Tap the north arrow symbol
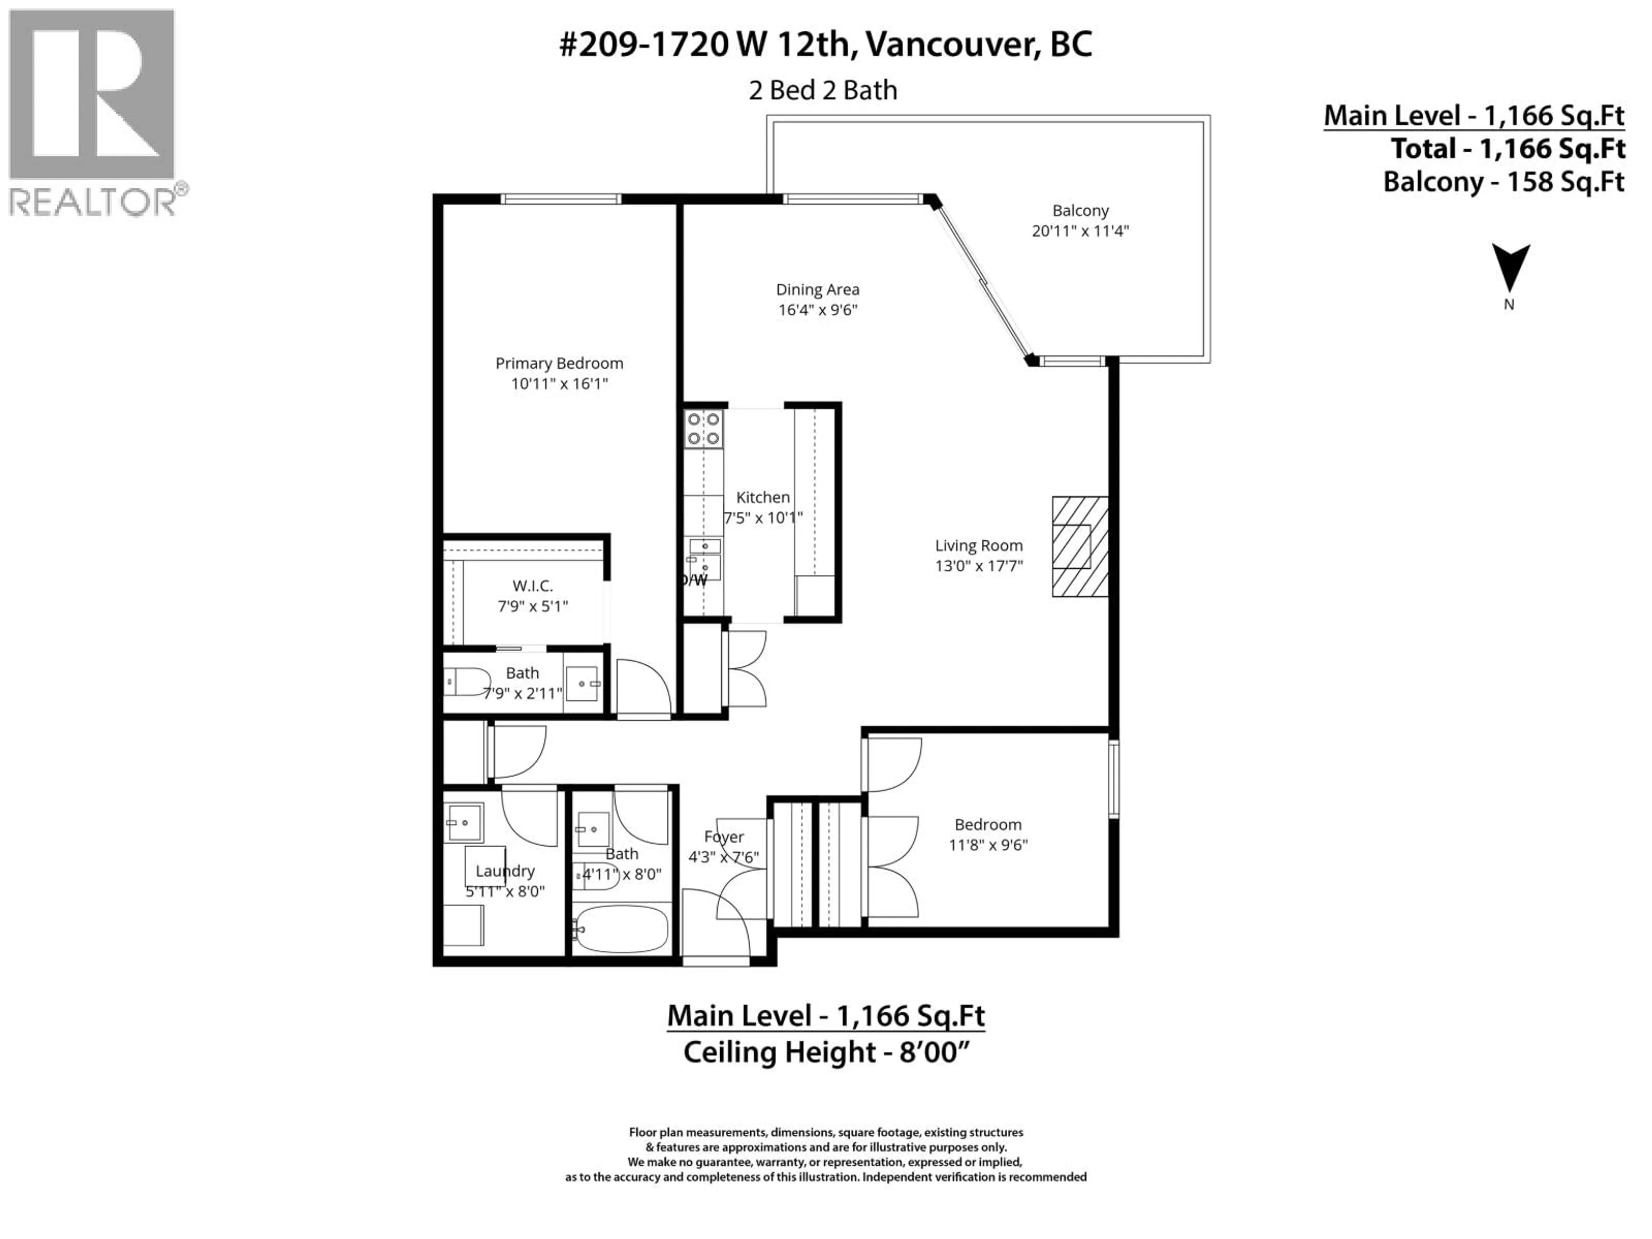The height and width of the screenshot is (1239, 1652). coord(1510,267)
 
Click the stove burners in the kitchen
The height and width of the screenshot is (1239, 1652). coord(703,428)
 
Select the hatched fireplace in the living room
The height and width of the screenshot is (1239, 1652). coord(1079,547)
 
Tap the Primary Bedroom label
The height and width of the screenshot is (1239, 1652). coord(559,364)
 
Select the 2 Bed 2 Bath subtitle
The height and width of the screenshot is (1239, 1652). coord(823,90)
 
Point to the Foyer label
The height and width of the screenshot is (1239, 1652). coord(724,837)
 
